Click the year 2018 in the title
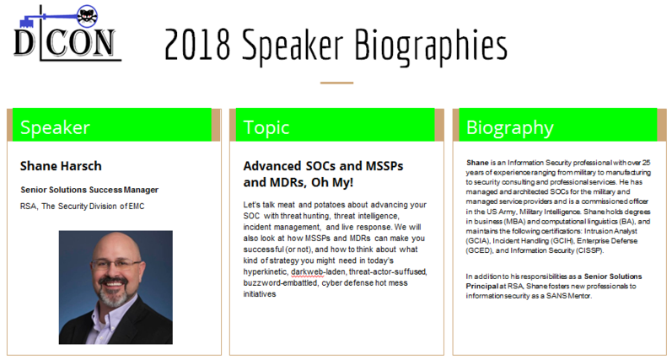(x=197, y=45)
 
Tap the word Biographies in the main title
(x=431, y=46)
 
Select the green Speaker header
(x=112, y=125)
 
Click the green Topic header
(x=335, y=125)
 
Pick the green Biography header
(x=558, y=125)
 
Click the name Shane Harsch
(x=61, y=166)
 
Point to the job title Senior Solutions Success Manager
(x=89, y=190)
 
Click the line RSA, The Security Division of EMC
(x=83, y=207)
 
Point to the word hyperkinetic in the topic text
(x=266, y=271)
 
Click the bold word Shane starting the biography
(x=477, y=163)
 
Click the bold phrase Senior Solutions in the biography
(x=613, y=277)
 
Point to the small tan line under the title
(x=337, y=83)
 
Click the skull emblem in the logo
(x=87, y=16)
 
